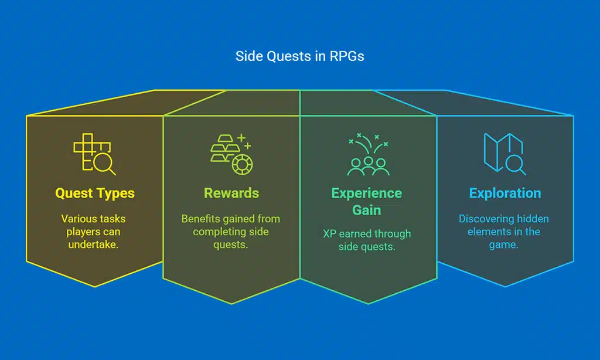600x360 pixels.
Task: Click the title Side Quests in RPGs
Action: [299, 56]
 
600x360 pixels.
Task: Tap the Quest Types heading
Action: [95, 193]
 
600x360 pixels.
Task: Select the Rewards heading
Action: [231, 193]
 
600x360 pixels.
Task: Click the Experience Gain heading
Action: [367, 201]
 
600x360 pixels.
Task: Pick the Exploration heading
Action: [504, 193]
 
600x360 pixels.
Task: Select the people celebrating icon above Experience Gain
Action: [367, 155]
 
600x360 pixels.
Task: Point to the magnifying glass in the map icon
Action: [516, 164]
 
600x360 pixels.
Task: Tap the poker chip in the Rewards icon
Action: [241, 165]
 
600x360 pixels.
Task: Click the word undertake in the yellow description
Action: [94, 244]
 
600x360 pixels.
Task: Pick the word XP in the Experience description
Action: [330, 233]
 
